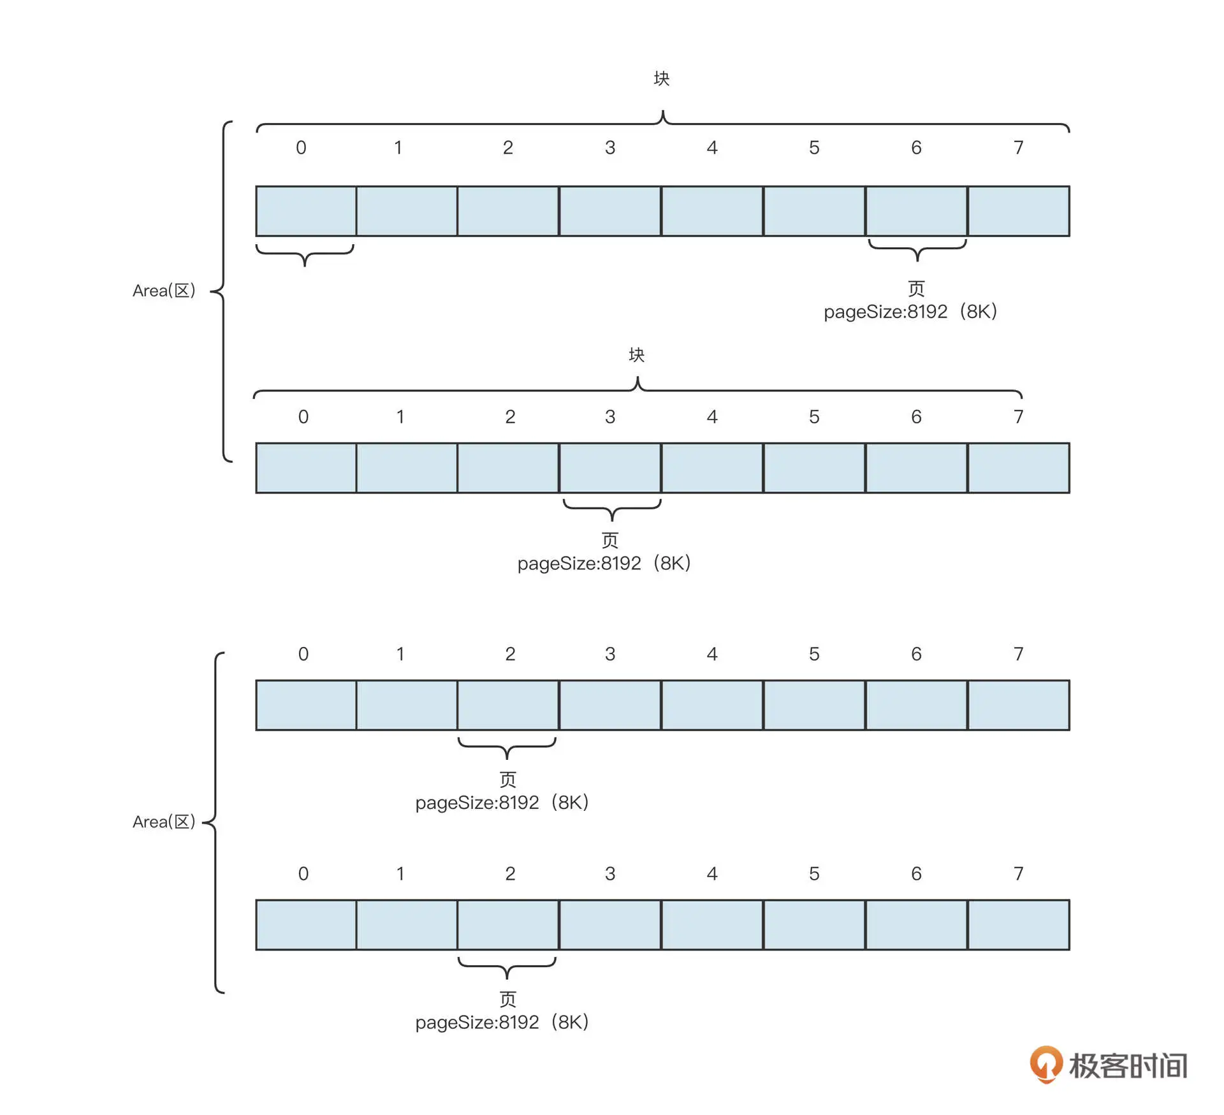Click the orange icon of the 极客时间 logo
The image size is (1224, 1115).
pos(1045,1063)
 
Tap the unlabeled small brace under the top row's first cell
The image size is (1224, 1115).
pos(305,253)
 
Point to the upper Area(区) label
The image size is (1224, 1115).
pos(164,291)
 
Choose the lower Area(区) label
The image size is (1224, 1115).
pos(164,822)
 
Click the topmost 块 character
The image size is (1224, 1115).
pos(662,78)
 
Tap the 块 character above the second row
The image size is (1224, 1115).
pos(637,355)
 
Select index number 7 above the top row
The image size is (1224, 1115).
pos(1018,148)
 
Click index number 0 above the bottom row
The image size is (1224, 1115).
pos(303,873)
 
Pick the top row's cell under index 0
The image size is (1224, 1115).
pos(306,211)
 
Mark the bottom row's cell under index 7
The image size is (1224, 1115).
pos(1018,924)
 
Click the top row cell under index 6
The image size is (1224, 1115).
pos(916,211)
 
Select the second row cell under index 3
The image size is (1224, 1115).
pos(610,468)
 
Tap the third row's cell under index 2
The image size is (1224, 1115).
pos(508,705)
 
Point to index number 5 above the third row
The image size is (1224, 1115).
pos(814,654)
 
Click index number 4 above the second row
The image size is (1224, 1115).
pos(712,417)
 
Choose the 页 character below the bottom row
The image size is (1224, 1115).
pos(507,999)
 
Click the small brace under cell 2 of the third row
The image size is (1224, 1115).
pos(507,747)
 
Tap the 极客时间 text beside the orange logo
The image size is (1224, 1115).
pos(1128,1065)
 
